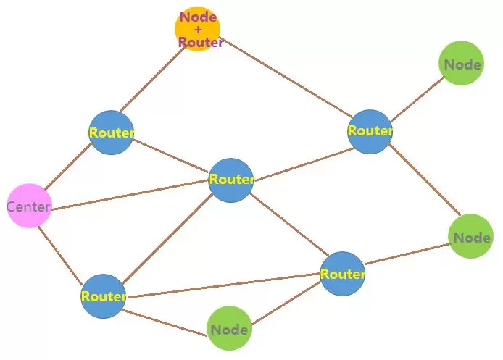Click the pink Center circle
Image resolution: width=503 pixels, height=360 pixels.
click(30, 206)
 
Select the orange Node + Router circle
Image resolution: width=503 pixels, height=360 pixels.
click(197, 29)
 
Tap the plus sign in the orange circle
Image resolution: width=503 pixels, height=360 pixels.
click(198, 30)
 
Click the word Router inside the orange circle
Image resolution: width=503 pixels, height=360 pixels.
click(200, 42)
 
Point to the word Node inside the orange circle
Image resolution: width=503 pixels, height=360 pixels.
click(198, 17)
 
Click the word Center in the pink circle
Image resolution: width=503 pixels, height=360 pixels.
click(29, 207)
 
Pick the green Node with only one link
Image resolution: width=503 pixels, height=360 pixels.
click(462, 64)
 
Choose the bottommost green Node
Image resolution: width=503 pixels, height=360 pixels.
click(229, 330)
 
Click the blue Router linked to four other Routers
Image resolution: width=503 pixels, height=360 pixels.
click(230, 180)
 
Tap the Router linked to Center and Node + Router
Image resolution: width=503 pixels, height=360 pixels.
click(111, 133)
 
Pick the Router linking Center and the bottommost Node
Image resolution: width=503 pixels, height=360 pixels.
click(103, 296)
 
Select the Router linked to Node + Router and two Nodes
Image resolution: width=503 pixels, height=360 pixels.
click(370, 131)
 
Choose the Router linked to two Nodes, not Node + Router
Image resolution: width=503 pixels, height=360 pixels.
click(342, 274)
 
